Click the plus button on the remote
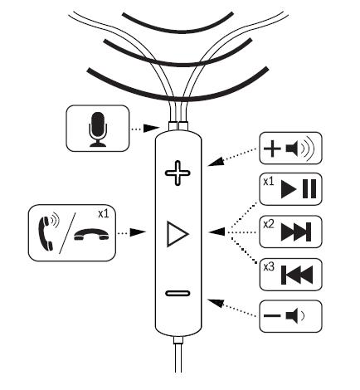pos(178,173)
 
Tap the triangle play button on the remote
pos(178,234)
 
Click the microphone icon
pos(98,129)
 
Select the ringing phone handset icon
pos(48,232)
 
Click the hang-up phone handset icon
pos(91,235)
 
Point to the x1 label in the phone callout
pos(104,214)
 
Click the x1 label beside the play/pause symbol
pos(268,182)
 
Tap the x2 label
pos(269,224)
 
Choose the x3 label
pos(269,267)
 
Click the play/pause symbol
pos(299,189)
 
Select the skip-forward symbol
pos(296,232)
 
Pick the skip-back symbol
pos(297,275)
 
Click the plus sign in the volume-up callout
pos(272,149)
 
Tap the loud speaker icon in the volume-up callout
pos(300,149)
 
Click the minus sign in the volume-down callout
pos(272,315)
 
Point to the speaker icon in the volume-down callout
pos(294,315)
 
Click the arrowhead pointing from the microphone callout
pos(152,129)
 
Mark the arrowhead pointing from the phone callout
pos(138,232)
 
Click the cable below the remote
pos(178,357)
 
